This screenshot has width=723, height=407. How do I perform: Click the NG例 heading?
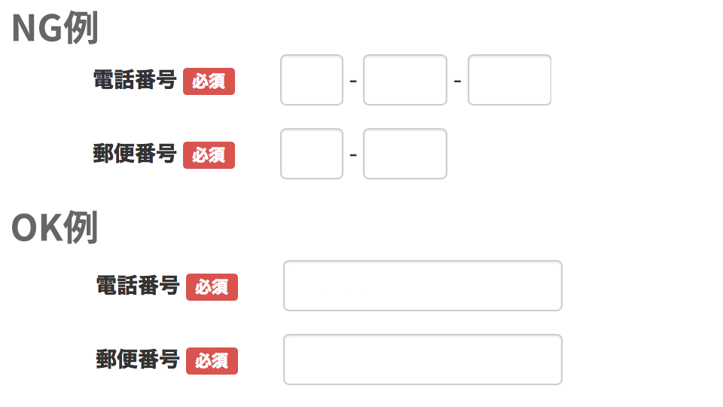point(55,28)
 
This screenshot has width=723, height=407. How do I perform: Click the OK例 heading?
point(55,228)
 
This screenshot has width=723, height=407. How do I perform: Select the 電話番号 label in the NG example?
point(135,79)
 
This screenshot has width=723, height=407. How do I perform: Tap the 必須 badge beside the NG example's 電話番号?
point(209,81)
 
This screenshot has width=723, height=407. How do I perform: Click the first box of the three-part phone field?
point(312,80)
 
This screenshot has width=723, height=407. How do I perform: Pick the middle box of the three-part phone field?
point(405,80)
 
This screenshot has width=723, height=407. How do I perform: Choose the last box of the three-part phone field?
point(510,80)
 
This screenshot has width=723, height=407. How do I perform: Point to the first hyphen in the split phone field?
point(353,81)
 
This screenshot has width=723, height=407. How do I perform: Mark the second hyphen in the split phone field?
point(457,81)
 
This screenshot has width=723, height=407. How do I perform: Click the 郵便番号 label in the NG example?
point(135,153)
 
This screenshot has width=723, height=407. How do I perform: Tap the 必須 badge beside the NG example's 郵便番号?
point(209,155)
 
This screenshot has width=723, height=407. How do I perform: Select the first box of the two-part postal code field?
point(312,154)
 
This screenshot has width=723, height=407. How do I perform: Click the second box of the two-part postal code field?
point(405,154)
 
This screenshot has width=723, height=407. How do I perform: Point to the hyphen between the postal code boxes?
point(353,155)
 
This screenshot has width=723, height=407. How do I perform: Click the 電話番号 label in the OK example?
point(137,285)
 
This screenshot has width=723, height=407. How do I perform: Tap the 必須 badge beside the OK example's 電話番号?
point(212,287)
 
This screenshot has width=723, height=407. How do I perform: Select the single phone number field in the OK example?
point(423,286)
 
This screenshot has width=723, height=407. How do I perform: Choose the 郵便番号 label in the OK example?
point(137,359)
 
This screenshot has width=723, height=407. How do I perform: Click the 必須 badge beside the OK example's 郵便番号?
point(212,361)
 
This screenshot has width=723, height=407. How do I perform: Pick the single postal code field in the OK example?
point(423,360)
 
